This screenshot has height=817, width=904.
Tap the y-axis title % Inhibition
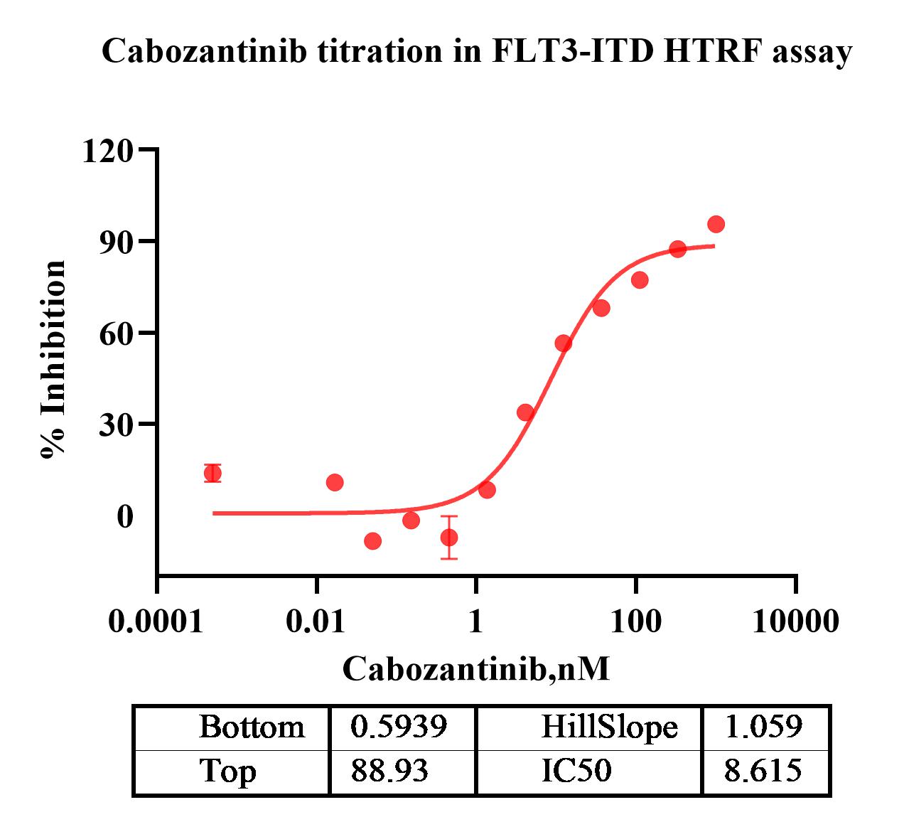click(x=53, y=360)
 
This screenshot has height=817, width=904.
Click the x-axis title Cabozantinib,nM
click(x=476, y=668)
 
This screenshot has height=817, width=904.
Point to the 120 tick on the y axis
click(x=107, y=151)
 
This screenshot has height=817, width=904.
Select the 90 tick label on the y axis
click(x=117, y=242)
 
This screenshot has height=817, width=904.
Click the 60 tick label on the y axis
click(x=117, y=333)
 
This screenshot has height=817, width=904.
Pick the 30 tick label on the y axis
click(x=117, y=424)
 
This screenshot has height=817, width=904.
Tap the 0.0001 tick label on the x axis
click(x=156, y=621)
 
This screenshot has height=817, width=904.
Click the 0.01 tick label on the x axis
click(x=316, y=621)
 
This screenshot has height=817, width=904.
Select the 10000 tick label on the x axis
click(x=795, y=621)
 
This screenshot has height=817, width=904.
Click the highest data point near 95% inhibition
click(x=716, y=225)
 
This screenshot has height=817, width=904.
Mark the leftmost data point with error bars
click(x=212, y=473)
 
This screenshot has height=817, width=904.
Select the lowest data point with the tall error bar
click(x=449, y=537)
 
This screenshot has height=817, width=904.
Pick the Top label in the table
click(x=227, y=771)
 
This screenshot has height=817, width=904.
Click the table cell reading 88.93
click(x=389, y=771)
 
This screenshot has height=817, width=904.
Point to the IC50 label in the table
click(x=576, y=771)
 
